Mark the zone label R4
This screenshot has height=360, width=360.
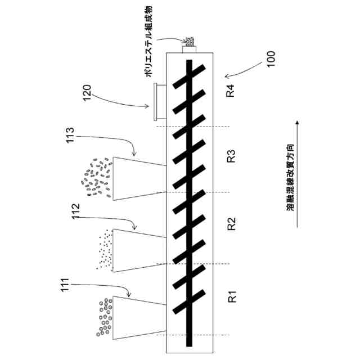pos(231,91)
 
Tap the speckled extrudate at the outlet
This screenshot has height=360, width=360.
pos(190,42)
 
